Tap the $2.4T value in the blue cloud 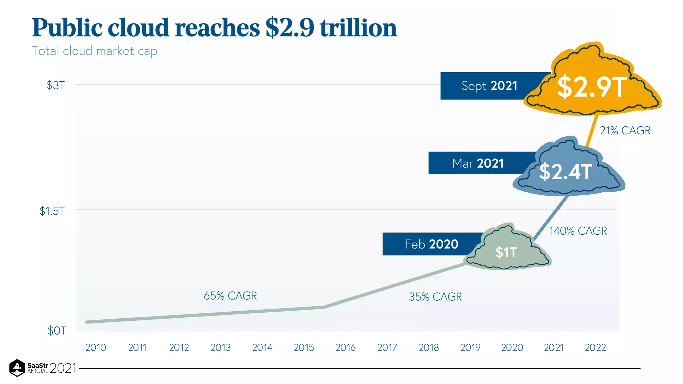click(566, 172)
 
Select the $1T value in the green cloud click(506, 252)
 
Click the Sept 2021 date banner click(489, 86)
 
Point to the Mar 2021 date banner click(478, 163)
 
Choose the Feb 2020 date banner click(432, 244)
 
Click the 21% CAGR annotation click(625, 131)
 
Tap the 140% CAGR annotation click(578, 231)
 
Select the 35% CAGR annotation click(435, 297)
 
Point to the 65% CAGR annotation click(230, 296)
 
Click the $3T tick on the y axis click(56, 85)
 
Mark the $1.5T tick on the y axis click(52, 211)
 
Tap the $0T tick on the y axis click(57, 331)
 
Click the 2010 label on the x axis click(96, 348)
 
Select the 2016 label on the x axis click(346, 348)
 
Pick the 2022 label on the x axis click(595, 348)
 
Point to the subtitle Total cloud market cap click(94, 51)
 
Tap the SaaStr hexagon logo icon click(17, 368)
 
